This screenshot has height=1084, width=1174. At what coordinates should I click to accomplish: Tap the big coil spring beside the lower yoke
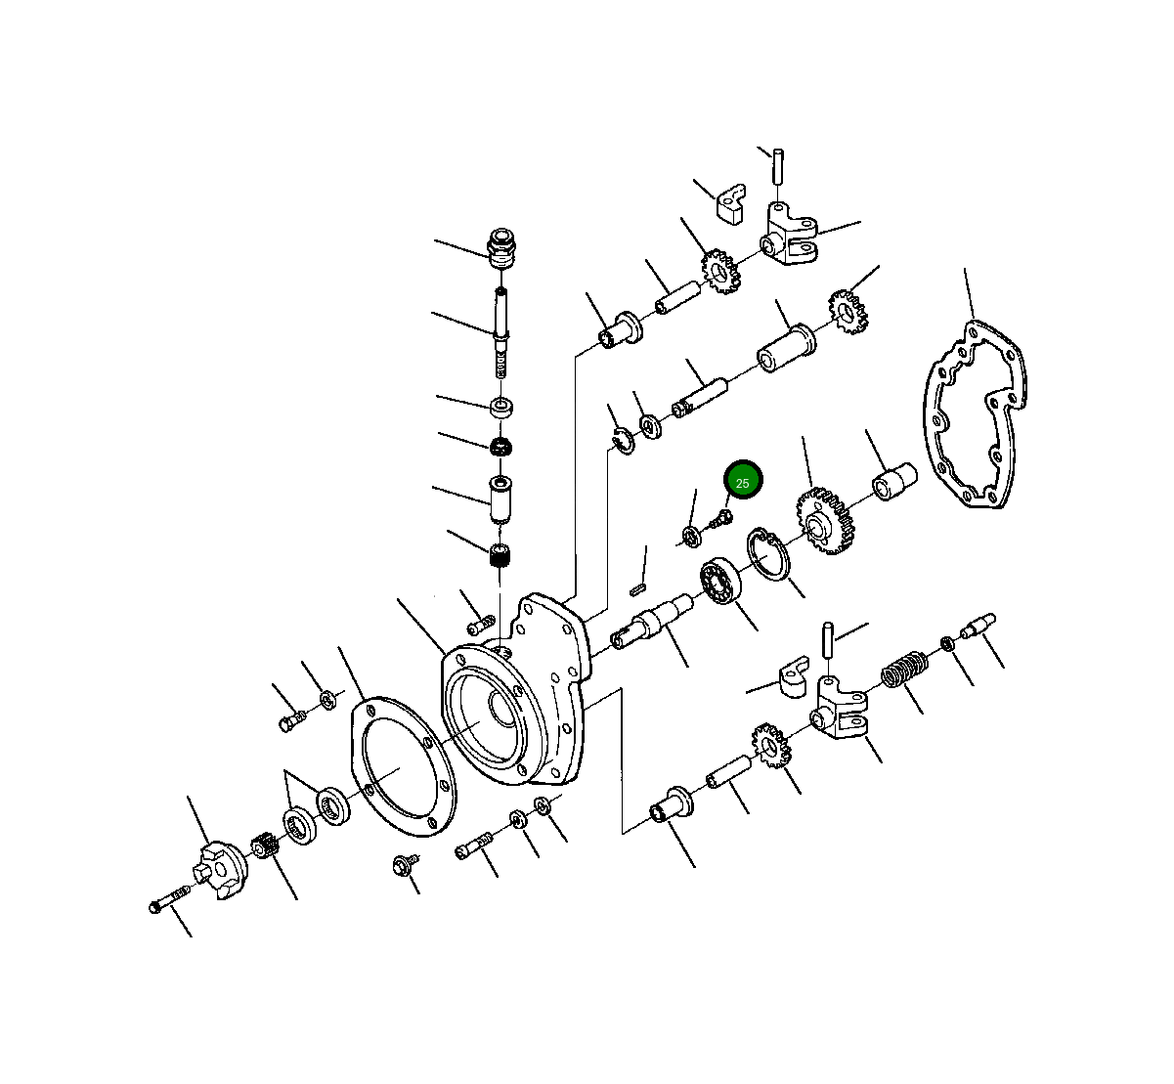pos(904,669)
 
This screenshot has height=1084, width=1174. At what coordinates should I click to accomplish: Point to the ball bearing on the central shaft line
pos(720,581)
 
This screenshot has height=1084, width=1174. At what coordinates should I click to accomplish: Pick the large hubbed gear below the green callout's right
pos(825,521)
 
